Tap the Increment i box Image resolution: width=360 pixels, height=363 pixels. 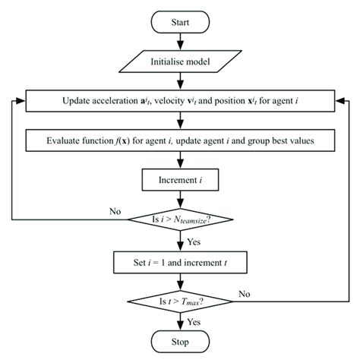pyautogui.click(x=180, y=181)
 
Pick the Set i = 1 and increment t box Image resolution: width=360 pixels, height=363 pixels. pyautogui.click(x=180, y=263)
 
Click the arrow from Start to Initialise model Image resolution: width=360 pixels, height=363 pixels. pyautogui.click(x=180, y=43)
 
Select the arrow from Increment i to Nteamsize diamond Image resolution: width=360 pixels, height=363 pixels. pyautogui.click(x=180, y=200)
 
